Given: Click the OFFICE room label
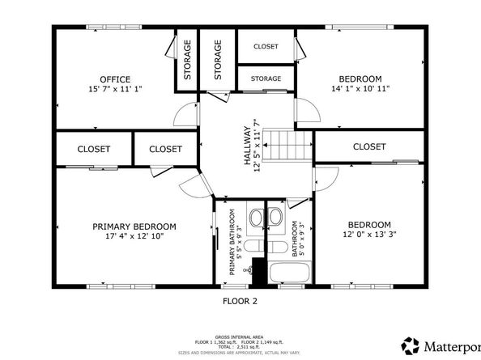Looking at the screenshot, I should click(x=115, y=79).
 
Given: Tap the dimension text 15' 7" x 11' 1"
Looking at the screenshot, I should click(x=115, y=89).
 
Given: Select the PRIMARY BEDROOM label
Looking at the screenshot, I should click(x=134, y=227).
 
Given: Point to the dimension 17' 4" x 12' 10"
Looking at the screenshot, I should click(x=134, y=236).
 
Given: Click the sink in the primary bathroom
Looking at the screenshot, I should click(x=256, y=217).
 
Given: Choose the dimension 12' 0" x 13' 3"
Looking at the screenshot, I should click(x=369, y=235).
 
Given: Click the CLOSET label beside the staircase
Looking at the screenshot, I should click(x=369, y=146).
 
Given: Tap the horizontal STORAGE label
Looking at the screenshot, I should click(x=266, y=78).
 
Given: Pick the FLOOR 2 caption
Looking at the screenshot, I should click(x=240, y=301).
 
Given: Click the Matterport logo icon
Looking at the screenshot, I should click(x=411, y=345).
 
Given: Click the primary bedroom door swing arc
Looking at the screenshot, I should click(x=193, y=188).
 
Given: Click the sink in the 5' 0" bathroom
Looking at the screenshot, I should click(x=275, y=217).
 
